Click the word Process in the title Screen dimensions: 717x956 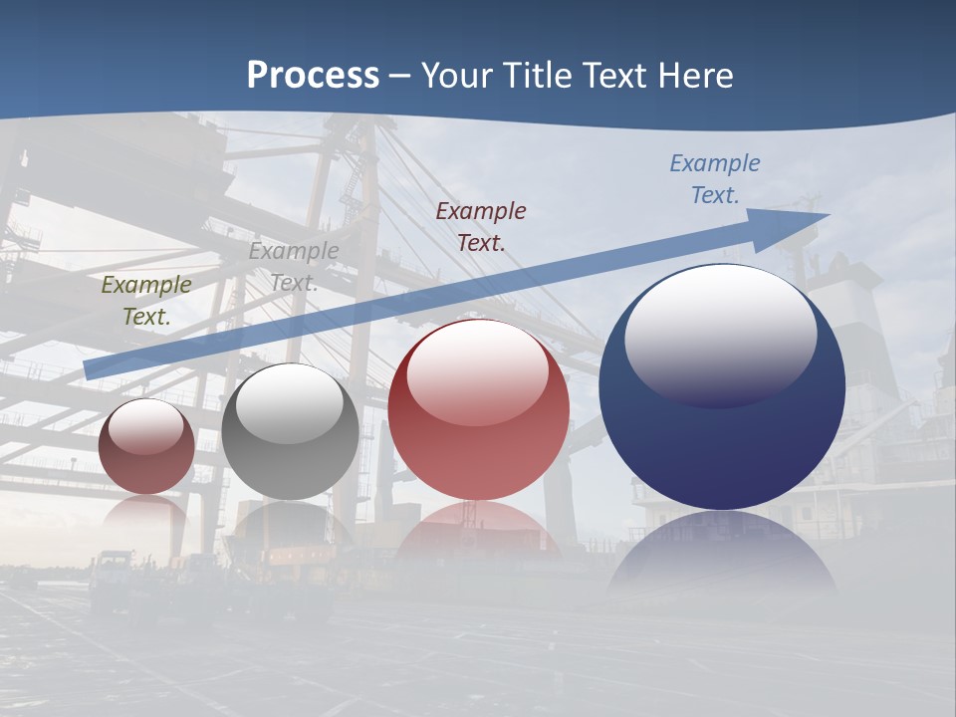coord(313,76)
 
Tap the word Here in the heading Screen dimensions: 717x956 coord(693,76)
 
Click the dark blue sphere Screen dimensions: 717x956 coord(722,438)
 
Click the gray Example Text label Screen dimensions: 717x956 coord(293,267)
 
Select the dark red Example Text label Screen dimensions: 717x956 coord(481,226)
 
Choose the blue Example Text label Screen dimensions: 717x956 coord(715,179)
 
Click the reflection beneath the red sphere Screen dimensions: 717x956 coord(479,533)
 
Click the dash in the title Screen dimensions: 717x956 coord(399,76)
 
